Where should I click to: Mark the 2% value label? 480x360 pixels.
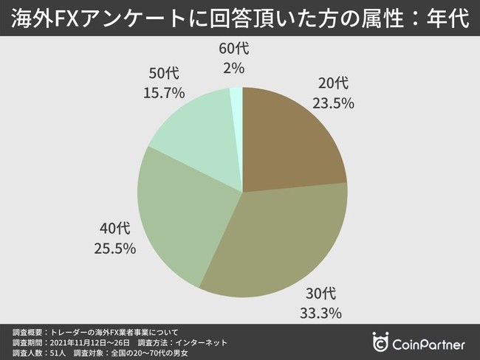236,68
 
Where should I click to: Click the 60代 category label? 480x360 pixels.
236,49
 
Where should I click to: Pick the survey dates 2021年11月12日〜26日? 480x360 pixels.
88,343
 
